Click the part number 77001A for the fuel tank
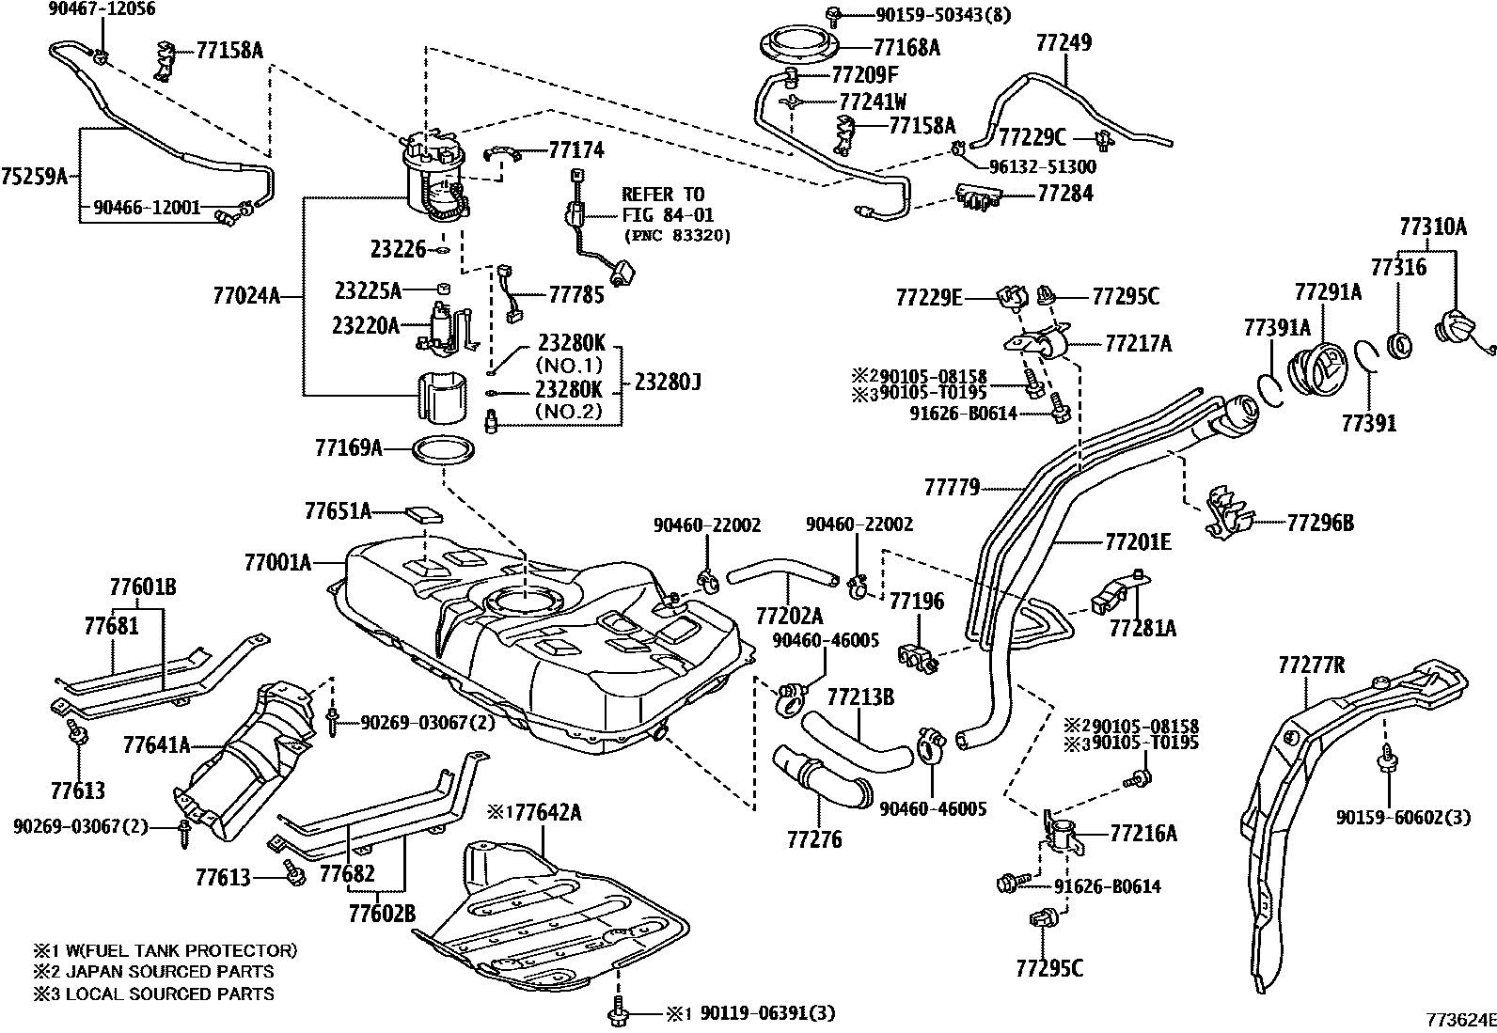pos(277,562)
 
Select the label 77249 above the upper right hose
pos(1064,42)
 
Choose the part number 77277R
pos(1312,666)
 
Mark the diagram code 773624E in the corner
pos(1458,1019)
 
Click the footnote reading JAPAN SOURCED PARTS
pos(166,972)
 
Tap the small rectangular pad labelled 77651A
pos(424,514)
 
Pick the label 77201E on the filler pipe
pos(1138,541)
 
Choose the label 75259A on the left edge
pos(35,176)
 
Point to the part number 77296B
pos(1320,523)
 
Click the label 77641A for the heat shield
pos(156,745)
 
